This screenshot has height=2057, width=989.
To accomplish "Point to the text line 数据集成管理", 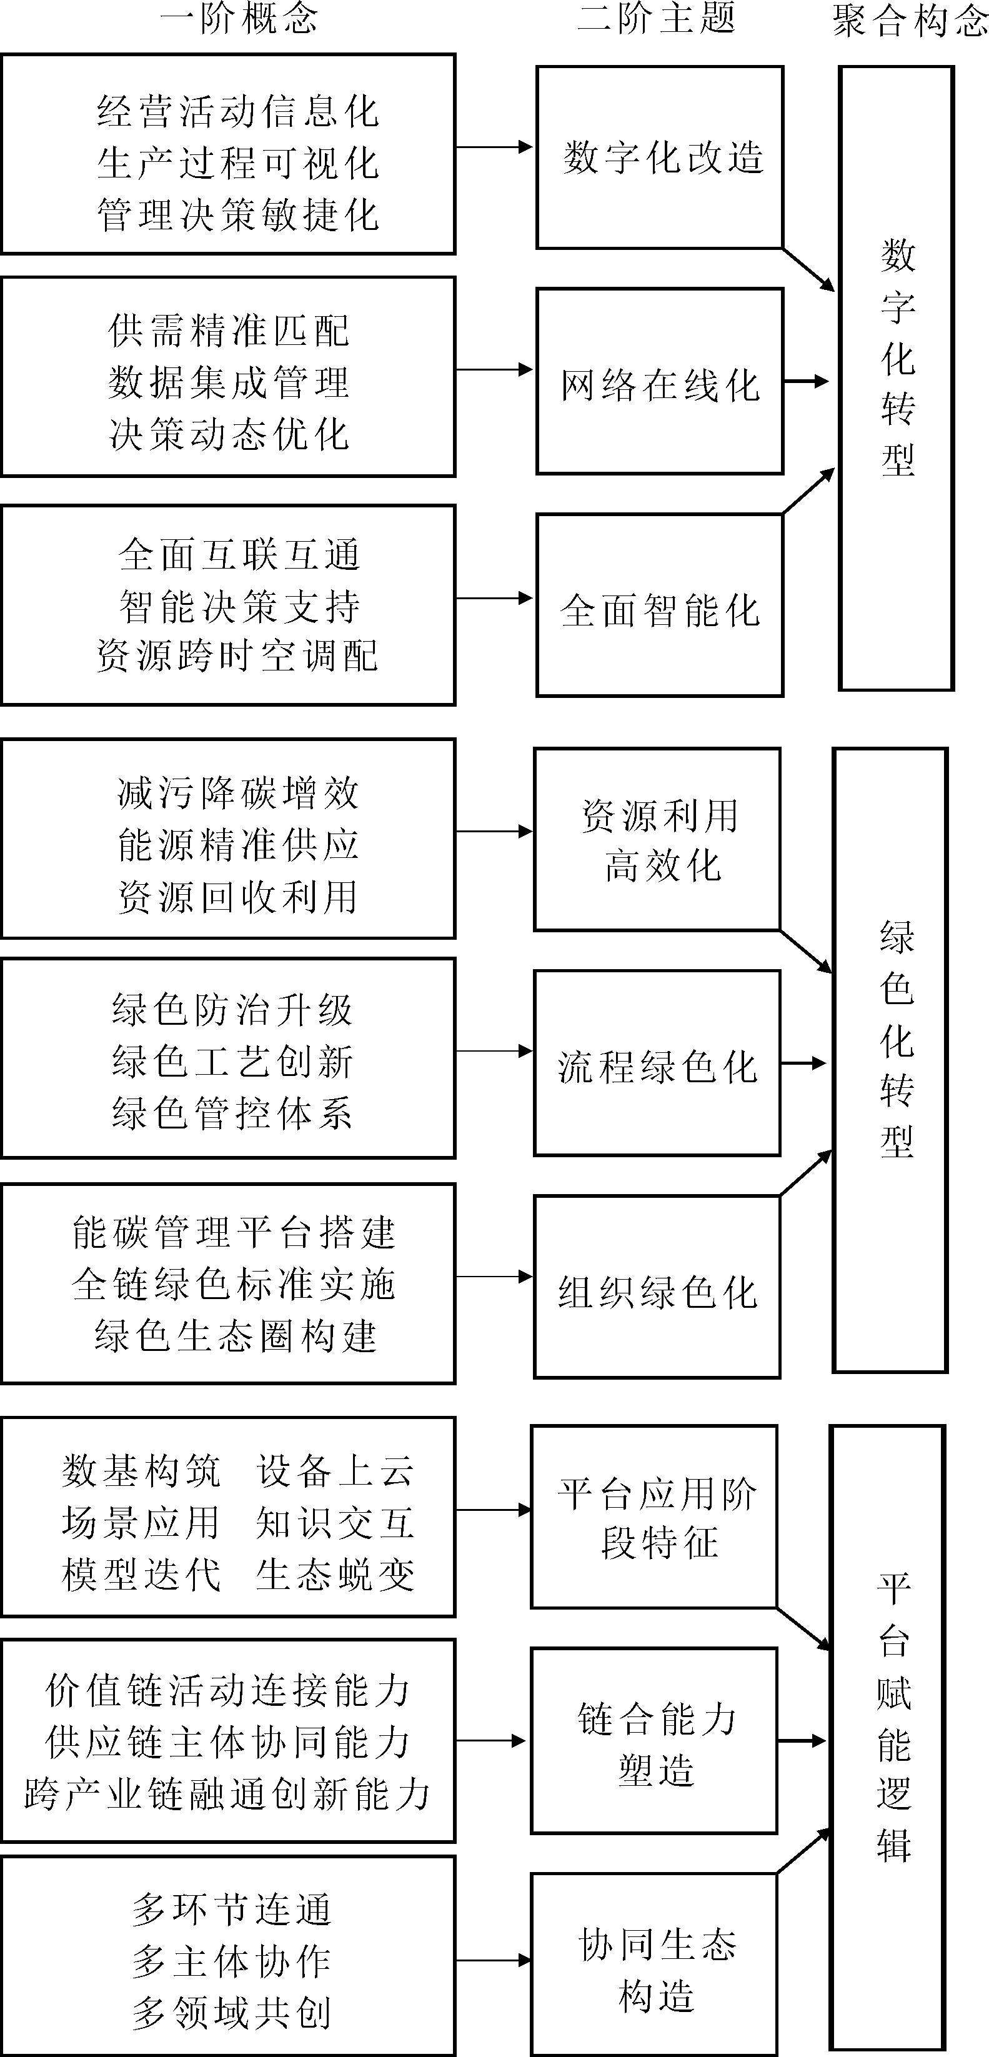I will click(229, 382).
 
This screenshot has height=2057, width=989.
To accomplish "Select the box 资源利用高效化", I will click(657, 839).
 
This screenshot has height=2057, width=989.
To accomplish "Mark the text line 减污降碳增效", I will click(238, 793).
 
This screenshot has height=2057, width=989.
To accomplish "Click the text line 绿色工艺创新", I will click(232, 1062).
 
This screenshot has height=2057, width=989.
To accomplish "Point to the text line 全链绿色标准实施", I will click(234, 1284).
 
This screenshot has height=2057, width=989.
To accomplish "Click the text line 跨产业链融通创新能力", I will click(227, 1795).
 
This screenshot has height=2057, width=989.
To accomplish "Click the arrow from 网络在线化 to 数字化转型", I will click(806, 382).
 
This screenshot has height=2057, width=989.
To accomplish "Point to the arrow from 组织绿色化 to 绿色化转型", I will click(806, 1173).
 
